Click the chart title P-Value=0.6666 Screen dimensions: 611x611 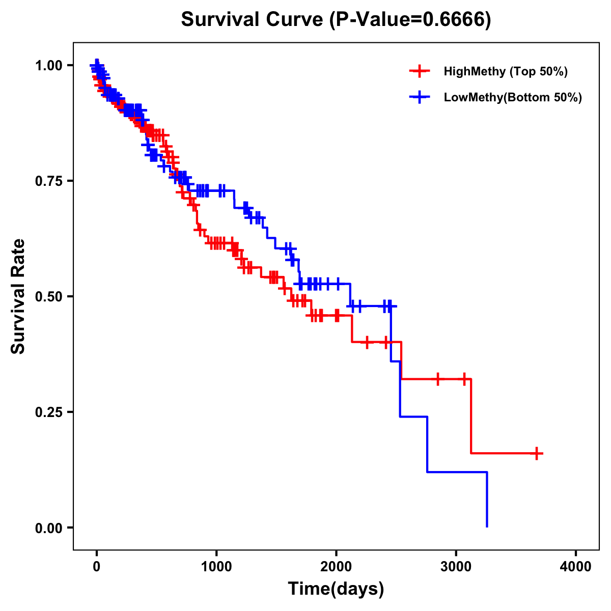point(336,20)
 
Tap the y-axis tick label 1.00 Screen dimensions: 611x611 point(48,66)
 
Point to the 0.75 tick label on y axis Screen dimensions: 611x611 point(48,181)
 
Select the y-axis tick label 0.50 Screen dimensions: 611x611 point(48,297)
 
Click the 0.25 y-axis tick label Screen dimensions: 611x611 point(48,412)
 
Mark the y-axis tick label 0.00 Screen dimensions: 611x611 point(48,528)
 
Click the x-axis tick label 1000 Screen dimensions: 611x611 point(216,567)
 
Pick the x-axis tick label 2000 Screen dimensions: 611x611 point(336,567)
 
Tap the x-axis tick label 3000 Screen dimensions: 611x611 point(456,567)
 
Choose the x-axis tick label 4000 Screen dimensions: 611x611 point(576,567)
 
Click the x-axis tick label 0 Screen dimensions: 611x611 point(97,567)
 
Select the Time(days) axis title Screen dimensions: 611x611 point(336,589)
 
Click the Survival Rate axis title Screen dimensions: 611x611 point(18,296)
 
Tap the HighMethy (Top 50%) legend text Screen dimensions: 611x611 point(506,71)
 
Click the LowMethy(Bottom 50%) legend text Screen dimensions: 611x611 point(513,97)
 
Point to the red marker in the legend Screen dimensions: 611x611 point(420,71)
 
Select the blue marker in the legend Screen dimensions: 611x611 point(420,97)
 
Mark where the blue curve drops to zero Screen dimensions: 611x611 point(487,526)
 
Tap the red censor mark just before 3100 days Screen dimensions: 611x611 point(464,379)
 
